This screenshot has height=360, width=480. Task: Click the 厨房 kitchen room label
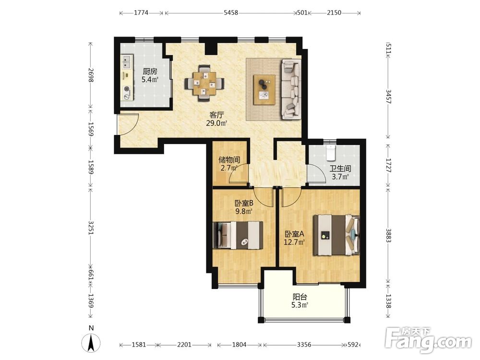click(x=150, y=72)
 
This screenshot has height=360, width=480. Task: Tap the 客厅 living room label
click(x=217, y=115)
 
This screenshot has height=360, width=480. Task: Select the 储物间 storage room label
click(x=229, y=160)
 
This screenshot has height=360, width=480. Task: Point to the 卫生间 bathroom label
click(x=340, y=168)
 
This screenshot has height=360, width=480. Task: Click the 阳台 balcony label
click(x=300, y=297)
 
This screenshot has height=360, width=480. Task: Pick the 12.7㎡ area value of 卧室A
click(x=294, y=242)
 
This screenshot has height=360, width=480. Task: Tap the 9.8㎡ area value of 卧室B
click(x=244, y=211)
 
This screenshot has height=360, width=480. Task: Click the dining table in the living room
click(x=204, y=83)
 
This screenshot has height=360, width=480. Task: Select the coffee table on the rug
click(x=264, y=90)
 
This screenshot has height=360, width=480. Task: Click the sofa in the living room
click(x=290, y=89)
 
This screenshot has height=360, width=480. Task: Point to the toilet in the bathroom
click(x=331, y=153)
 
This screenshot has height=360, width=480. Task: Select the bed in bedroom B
click(x=238, y=235)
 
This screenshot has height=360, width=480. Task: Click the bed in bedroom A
click(x=336, y=235)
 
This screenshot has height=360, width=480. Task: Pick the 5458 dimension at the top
click(x=231, y=13)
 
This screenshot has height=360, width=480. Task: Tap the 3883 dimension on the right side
click(x=388, y=235)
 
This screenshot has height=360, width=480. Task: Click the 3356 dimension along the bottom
click(x=304, y=345)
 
